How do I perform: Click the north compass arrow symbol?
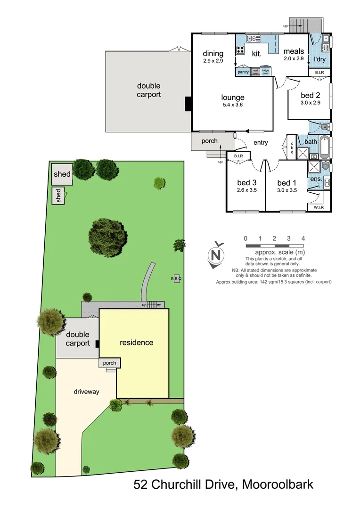(x=216, y=255)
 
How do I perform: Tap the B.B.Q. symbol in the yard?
(x=177, y=278)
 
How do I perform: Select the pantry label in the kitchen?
(x=243, y=72)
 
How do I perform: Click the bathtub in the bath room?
(x=325, y=148)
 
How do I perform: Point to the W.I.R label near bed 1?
(x=319, y=207)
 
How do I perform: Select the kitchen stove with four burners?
(x=240, y=50)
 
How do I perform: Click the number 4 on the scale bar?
(x=303, y=238)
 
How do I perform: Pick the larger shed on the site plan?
(x=62, y=174)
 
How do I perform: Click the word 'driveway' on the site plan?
(x=86, y=391)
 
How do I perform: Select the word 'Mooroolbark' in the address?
(x=278, y=484)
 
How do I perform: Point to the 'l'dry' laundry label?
(x=320, y=60)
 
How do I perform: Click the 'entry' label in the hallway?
(x=261, y=142)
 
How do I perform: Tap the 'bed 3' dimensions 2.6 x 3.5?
(x=247, y=190)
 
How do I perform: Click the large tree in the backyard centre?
(x=107, y=237)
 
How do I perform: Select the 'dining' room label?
(x=213, y=54)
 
